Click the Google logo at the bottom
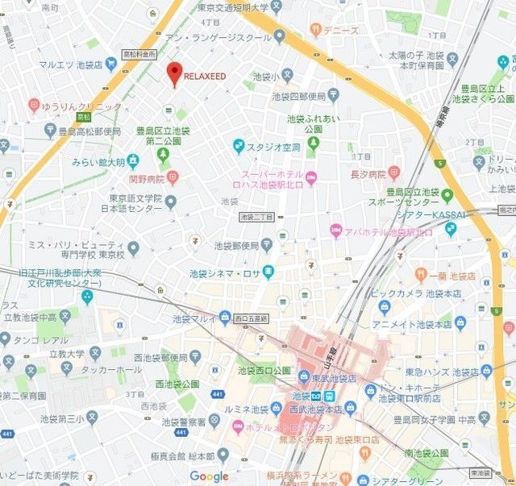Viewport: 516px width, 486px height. [x=210, y=476]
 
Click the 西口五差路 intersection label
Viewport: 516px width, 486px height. [x=249, y=319]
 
